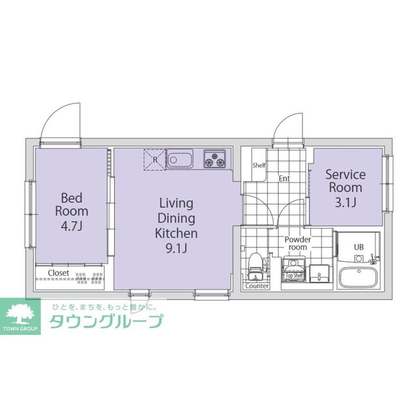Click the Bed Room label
71,204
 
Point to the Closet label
59,272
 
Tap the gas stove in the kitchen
214,158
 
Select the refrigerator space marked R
154,158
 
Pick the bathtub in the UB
358,279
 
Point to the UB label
358,247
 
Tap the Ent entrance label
285,178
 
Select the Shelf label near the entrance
259,165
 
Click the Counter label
256,286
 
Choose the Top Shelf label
295,276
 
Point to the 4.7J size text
72,226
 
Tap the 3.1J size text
345,203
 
